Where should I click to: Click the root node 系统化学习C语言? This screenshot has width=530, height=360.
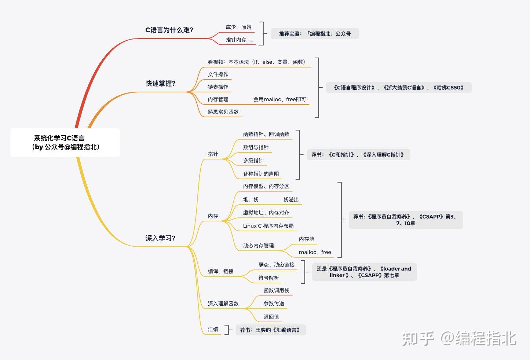click(65, 142)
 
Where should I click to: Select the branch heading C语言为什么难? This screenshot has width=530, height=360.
click(169, 30)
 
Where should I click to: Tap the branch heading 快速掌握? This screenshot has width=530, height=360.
click(160, 84)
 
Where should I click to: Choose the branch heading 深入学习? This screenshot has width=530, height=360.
click(160, 238)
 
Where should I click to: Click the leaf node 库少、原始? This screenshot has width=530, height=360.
click(238, 27)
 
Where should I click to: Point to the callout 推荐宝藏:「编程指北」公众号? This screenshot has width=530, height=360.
click(315, 34)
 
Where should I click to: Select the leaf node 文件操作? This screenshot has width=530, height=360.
click(218, 74)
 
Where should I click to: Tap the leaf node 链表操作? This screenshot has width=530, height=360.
click(218, 87)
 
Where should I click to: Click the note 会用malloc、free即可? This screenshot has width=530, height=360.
click(279, 99)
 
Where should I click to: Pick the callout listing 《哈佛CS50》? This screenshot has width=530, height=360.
click(399, 88)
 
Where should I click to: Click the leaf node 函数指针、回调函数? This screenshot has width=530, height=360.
click(266, 134)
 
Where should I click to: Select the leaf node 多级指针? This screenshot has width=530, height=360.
click(253, 161)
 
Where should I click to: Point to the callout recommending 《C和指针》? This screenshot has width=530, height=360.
click(358, 155)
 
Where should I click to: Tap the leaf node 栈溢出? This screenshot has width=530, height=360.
click(291, 200)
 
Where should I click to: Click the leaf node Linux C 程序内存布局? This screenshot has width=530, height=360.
click(268, 226)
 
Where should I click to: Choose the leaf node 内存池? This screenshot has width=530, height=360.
click(306, 239)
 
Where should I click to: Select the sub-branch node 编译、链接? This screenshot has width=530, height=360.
click(220, 271)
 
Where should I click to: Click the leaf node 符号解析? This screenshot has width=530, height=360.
click(268, 278)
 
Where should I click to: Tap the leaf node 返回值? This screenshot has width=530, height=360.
click(271, 317)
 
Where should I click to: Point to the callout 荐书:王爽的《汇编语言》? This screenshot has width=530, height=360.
click(271, 330)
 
